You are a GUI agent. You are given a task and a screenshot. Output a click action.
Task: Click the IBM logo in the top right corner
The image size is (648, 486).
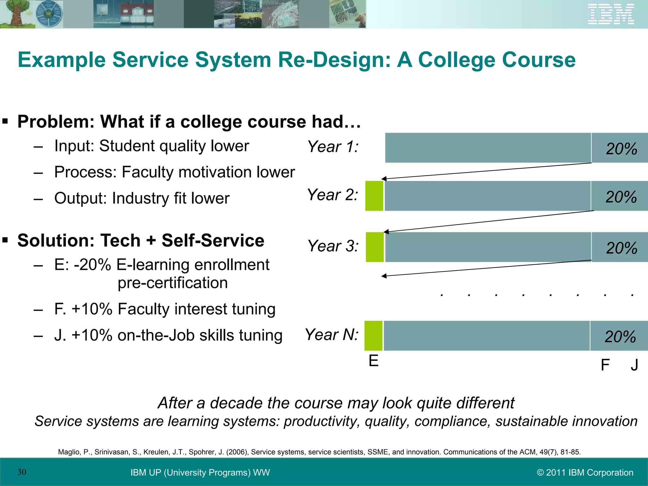pyautogui.click(x=611, y=14)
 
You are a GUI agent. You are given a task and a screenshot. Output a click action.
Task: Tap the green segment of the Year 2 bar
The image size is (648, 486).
pyautogui.click(x=374, y=196)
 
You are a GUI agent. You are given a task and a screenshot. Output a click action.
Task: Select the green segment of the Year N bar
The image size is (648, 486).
pyautogui.click(x=373, y=336)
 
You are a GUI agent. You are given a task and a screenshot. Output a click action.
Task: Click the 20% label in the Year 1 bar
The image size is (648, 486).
pyautogui.click(x=621, y=149)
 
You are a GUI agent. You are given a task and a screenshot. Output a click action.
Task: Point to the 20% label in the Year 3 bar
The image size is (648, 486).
pyautogui.click(x=621, y=248)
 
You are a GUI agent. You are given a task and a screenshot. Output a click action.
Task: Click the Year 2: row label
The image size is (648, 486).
pyautogui.click(x=333, y=195)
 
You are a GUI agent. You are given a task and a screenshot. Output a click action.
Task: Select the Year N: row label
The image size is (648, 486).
pyautogui.click(x=332, y=334)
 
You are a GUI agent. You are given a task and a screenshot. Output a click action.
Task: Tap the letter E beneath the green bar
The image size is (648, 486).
pyautogui.click(x=373, y=361)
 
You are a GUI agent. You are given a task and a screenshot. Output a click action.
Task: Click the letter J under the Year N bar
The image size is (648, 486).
pyautogui.click(x=634, y=365)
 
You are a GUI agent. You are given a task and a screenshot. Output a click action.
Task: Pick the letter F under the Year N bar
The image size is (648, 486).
pyautogui.click(x=605, y=365)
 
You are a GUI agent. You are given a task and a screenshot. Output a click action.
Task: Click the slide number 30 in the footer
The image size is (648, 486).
pyautogui.click(x=22, y=472)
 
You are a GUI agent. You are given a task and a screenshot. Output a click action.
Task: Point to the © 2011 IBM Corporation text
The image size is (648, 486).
pyautogui.click(x=585, y=472)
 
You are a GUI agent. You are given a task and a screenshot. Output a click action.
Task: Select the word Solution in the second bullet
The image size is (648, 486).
pyautogui.click(x=56, y=240)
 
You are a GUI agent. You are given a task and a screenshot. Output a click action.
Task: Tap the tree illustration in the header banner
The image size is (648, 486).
pyautogui.click(x=14, y=14)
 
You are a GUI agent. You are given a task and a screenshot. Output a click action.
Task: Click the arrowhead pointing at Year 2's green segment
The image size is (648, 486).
pyautogui.click(x=384, y=179)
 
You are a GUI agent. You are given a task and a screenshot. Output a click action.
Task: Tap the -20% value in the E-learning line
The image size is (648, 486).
pyautogui.click(x=92, y=265)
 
